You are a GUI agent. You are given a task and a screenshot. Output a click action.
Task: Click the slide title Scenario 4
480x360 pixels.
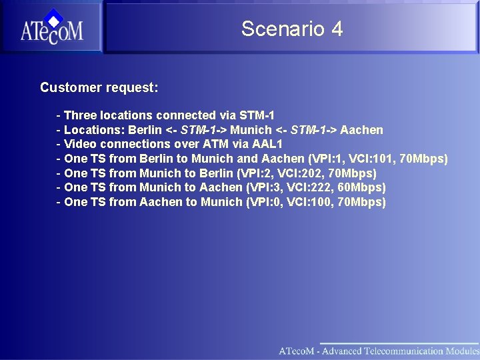coord(292,29)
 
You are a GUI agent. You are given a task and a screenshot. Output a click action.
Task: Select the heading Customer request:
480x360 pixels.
coord(99,87)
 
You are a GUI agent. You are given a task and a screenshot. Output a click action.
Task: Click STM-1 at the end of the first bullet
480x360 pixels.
coord(257,115)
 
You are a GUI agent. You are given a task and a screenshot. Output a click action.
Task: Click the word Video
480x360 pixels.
coord(80,144)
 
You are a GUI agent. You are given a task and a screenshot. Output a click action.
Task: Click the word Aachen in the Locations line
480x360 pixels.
coord(361,129)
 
